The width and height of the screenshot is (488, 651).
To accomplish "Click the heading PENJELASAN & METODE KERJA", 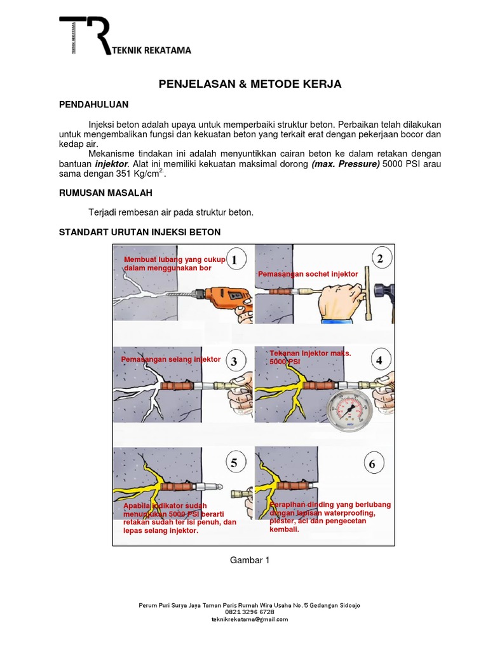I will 250,84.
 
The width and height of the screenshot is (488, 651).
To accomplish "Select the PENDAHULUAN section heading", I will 93,104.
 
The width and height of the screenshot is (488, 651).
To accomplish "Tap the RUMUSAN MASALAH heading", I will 105,192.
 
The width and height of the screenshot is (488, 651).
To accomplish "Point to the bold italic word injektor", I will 111,163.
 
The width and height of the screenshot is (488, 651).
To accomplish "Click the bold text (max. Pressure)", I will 345,163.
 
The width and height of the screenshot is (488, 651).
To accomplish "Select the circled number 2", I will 380,259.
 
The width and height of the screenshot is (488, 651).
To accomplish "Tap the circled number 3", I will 234,361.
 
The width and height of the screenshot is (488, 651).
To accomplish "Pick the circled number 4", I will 379,360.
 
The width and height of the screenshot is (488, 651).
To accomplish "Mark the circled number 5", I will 234,463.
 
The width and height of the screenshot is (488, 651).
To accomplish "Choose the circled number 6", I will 372,463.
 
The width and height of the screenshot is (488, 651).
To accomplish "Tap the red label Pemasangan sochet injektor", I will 308,274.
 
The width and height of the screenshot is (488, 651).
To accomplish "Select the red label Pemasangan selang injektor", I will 171,359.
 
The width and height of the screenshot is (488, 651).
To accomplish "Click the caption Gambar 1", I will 250,560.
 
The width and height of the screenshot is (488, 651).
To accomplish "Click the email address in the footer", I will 250,619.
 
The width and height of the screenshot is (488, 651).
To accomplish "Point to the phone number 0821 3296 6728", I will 250,612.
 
